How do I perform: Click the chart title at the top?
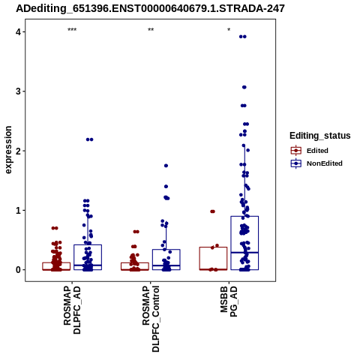click(150, 9)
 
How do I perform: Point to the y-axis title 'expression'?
click(8, 150)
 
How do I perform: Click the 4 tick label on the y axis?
click(19, 32)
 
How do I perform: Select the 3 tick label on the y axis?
click(19, 91)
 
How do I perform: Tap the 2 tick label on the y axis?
click(19, 151)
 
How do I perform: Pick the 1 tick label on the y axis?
click(19, 211)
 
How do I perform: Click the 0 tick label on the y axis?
click(19, 270)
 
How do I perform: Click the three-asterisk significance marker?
click(72, 30)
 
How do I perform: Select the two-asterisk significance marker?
click(151, 30)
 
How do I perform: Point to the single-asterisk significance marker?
click(229, 30)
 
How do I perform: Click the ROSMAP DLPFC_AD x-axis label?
click(72, 310)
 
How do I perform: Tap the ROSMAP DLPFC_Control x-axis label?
click(151, 319)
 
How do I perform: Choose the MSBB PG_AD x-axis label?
click(229, 301)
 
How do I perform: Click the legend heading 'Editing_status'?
click(320, 136)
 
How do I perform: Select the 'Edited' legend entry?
click(317, 151)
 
